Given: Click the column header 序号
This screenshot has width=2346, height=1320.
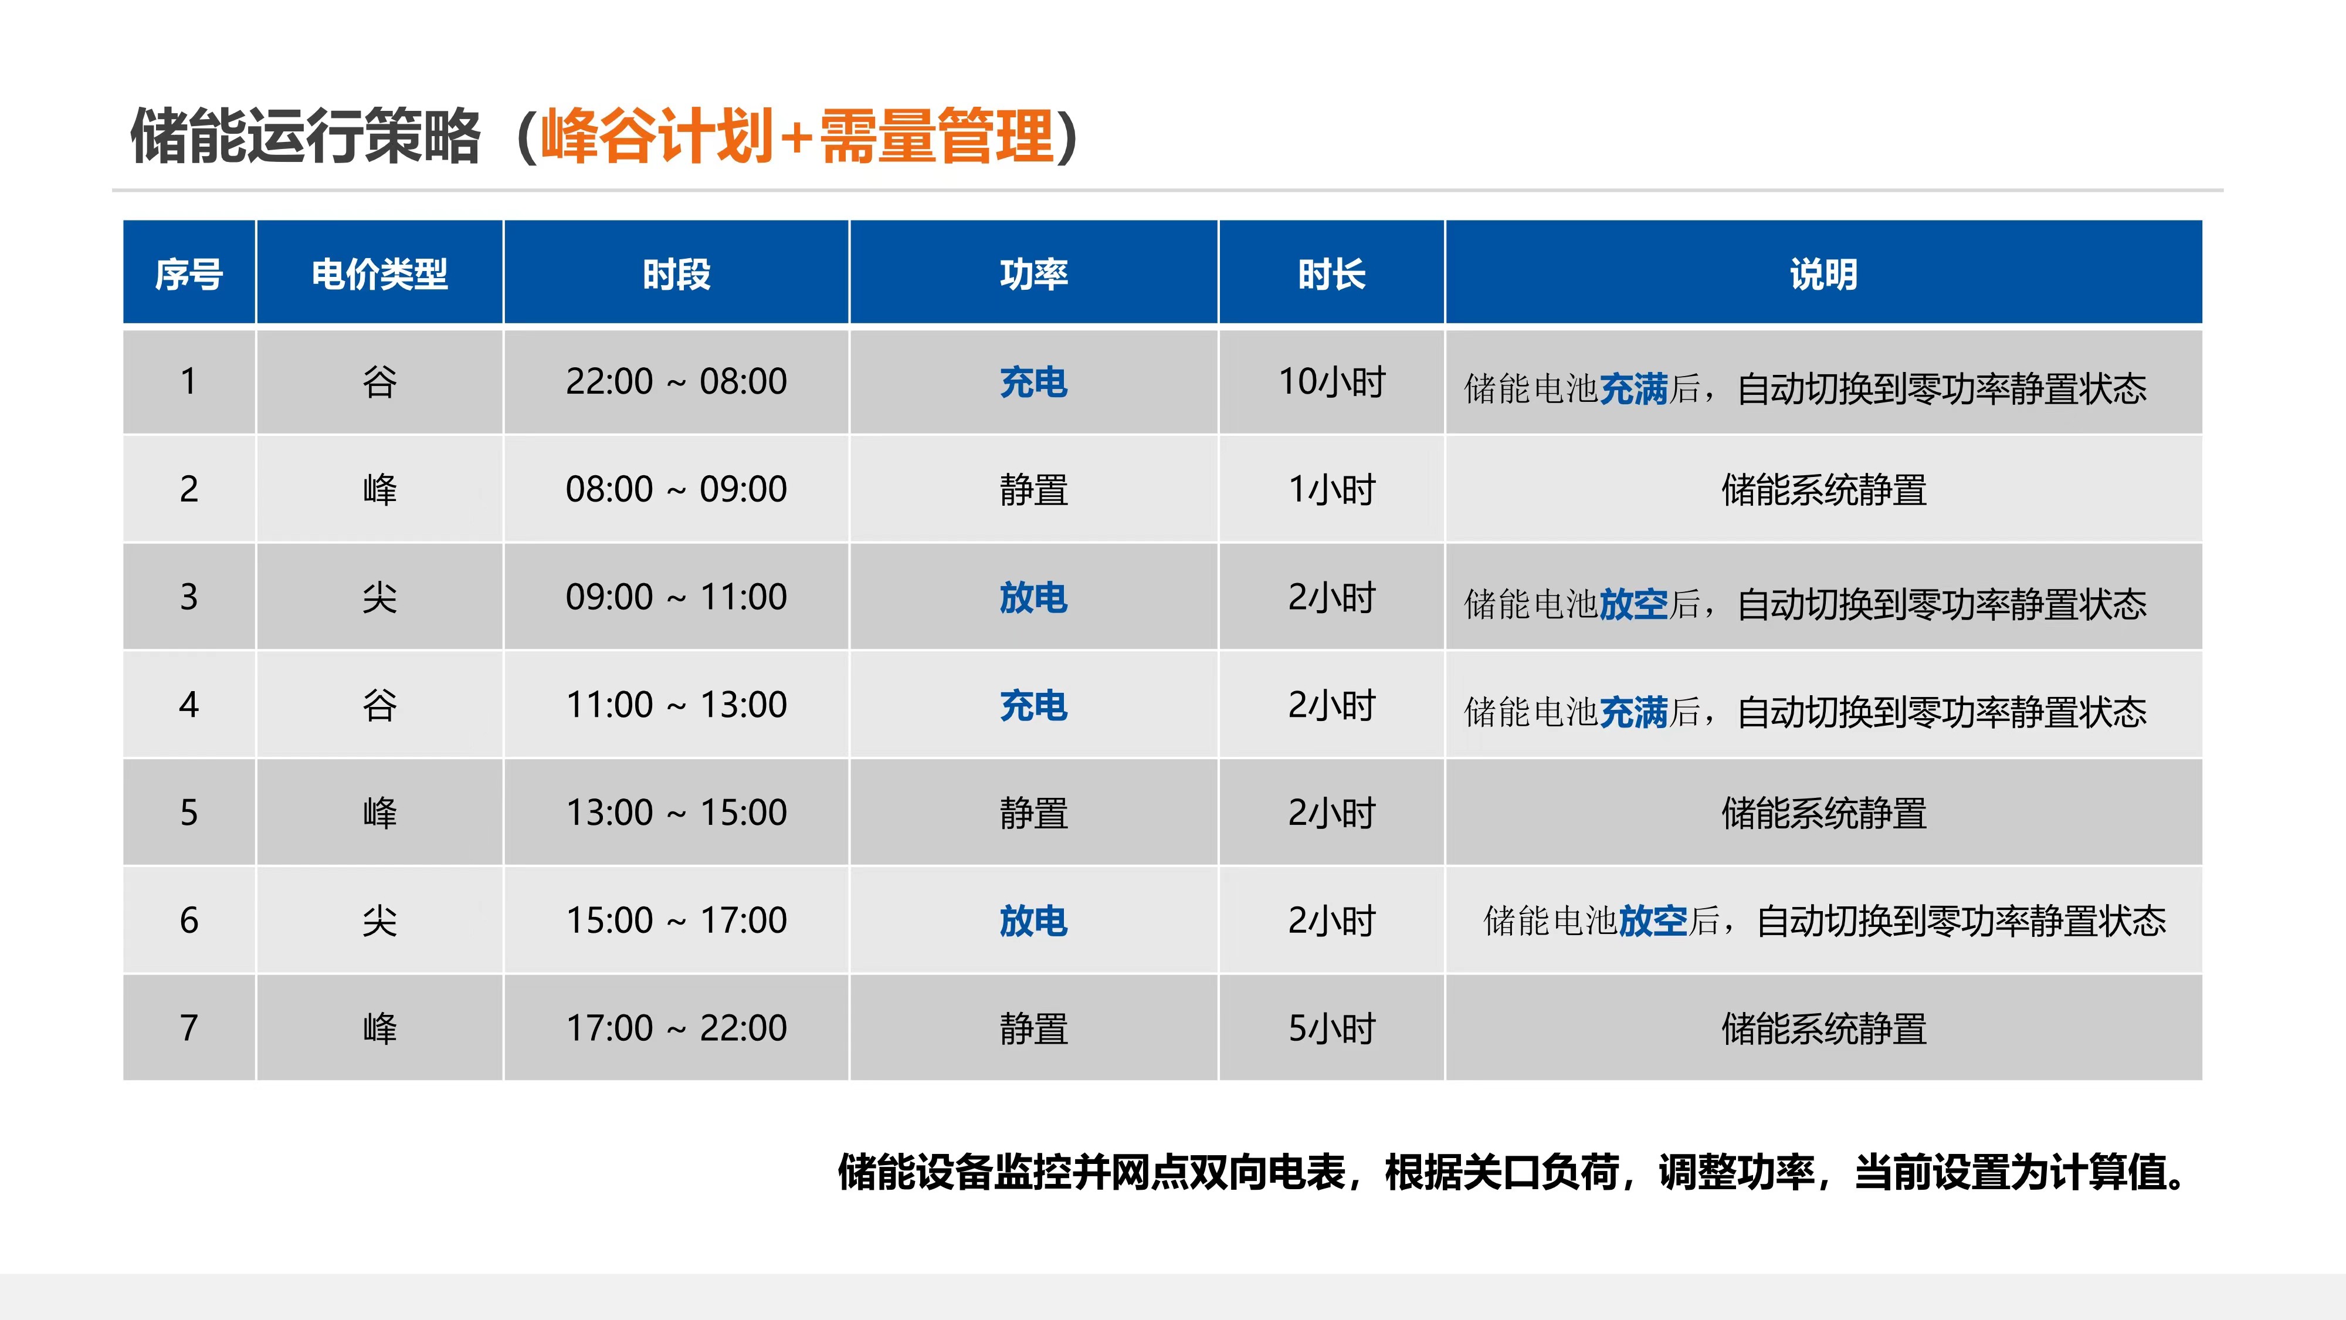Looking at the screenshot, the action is point(188,274).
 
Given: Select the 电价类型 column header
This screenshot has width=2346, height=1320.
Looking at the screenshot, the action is point(380,274).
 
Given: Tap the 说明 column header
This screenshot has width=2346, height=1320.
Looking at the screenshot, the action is point(1823,274).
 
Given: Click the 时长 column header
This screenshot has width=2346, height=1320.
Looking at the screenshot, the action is point(1331,274).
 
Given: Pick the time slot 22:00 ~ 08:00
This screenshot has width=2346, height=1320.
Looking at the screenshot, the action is point(676,382).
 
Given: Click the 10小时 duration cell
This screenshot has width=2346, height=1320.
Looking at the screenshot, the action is point(1331,382).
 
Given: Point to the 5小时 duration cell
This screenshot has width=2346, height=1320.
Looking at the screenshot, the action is point(1331,1028).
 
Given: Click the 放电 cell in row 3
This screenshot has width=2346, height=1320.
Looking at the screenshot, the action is point(1033,598).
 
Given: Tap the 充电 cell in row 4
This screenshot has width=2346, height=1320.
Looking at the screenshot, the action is point(1033,705).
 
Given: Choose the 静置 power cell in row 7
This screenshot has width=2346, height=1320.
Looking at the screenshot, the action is point(1033,1028).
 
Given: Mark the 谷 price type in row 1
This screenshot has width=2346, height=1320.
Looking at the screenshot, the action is point(380,382).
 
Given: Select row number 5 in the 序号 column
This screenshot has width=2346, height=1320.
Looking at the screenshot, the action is point(188,813).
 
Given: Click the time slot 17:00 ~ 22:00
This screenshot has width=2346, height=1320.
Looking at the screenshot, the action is point(676,1028).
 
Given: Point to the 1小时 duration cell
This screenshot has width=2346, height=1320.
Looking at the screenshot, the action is point(1331,490).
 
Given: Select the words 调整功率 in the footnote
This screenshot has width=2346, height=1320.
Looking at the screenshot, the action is point(1737,1172).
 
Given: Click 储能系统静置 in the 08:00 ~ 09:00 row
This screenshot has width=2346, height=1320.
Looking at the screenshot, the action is point(1823,490).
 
